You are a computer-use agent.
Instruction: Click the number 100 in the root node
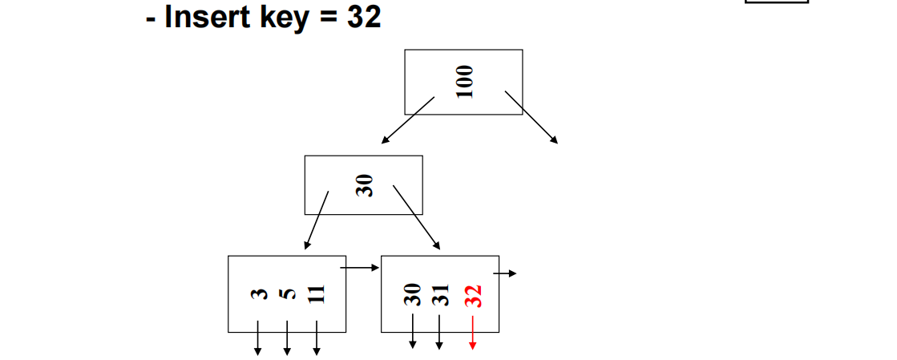tap(464, 82)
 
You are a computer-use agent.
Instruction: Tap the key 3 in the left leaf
tap(258, 294)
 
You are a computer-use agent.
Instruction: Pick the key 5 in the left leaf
tap(287, 294)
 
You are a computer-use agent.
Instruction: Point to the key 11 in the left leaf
tap(317, 293)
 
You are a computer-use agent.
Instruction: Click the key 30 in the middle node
tap(365, 187)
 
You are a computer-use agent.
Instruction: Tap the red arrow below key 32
tap(473, 334)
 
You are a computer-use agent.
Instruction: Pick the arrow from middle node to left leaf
tap(316, 220)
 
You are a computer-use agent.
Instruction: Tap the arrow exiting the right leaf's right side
tap(505, 273)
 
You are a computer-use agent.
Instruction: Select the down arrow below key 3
tap(258, 338)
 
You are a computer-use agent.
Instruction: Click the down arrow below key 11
tap(317, 338)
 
